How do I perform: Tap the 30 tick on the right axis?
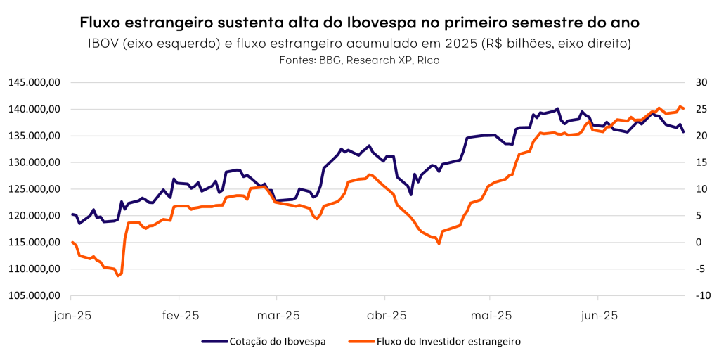pyautogui.click(x=699, y=82)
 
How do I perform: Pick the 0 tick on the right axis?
pyautogui.click(x=698, y=243)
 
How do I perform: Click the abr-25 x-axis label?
pyautogui.click(x=387, y=316)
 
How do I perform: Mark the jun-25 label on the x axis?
pyautogui.click(x=598, y=316)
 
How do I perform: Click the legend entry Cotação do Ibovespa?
pyautogui.click(x=277, y=342)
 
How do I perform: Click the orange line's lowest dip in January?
pyautogui.click(x=118, y=276)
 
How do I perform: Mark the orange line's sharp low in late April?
pyautogui.click(x=439, y=243)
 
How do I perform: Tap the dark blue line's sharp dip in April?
pyautogui.click(x=411, y=195)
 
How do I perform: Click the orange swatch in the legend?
pyautogui.click(x=361, y=342)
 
